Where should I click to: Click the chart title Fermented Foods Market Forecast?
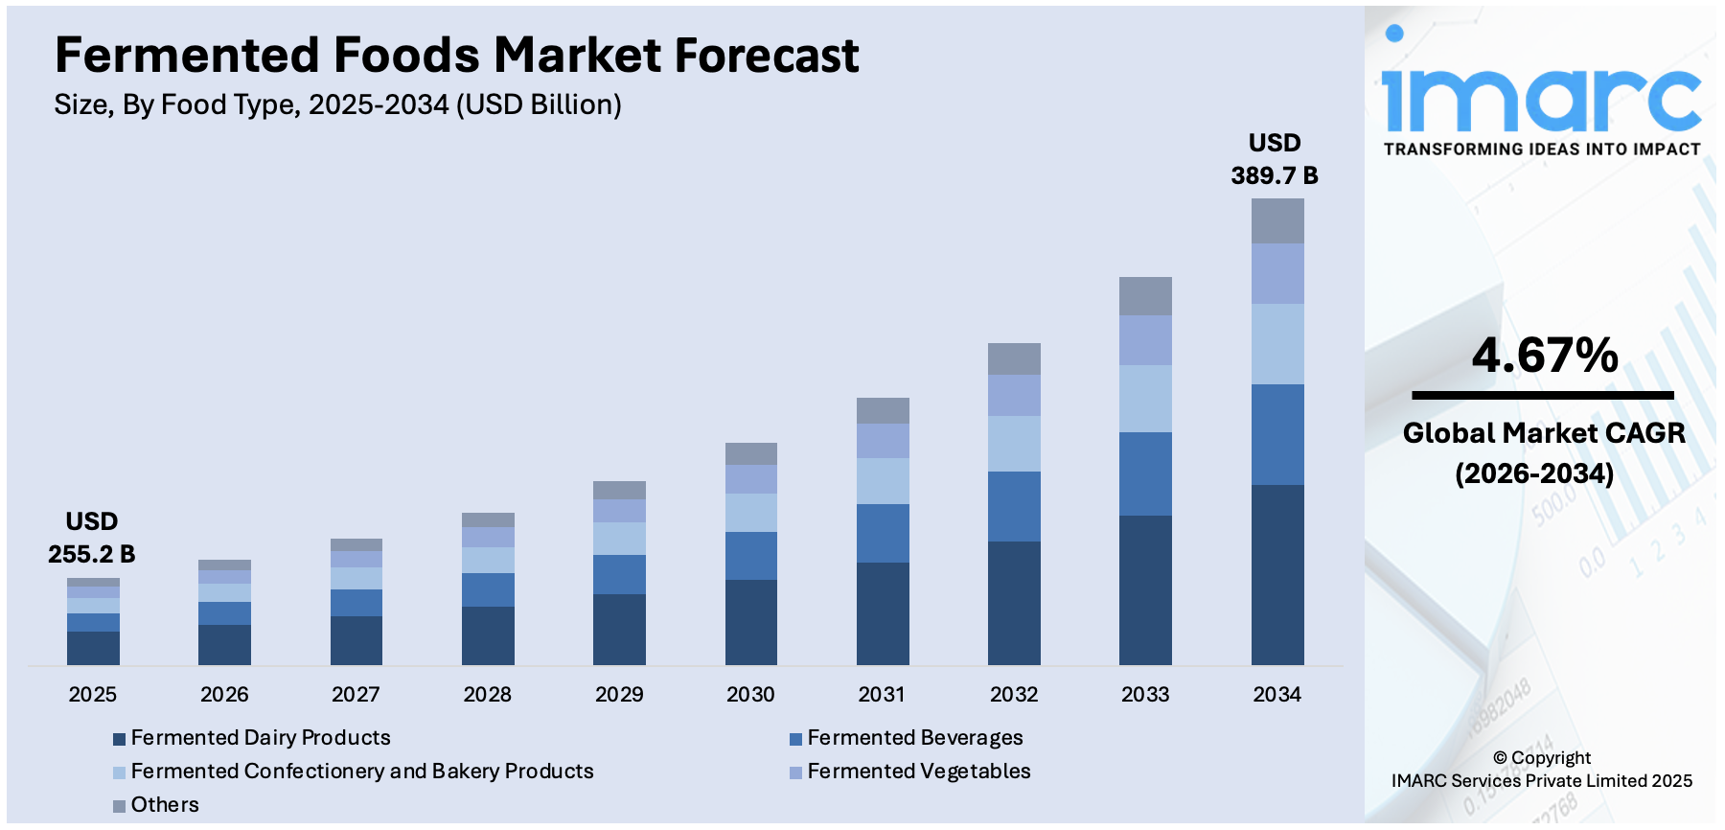(456, 56)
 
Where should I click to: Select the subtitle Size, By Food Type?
(337, 104)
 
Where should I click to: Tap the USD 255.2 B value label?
(92, 538)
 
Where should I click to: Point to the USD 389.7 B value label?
(1275, 159)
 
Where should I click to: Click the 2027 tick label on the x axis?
(356, 694)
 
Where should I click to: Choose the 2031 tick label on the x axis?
(882, 694)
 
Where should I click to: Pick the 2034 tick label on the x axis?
(1276, 694)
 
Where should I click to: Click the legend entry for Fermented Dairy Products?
(260, 738)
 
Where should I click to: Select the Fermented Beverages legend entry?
(914, 738)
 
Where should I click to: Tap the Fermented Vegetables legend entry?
(918, 772)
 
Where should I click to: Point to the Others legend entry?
(164, 805)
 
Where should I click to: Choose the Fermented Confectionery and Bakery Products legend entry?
(361, 772)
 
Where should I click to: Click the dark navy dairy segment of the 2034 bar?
(1277, 574)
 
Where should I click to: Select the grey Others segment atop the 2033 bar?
(1145, 296)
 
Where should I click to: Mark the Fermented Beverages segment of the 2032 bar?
(1014, 506)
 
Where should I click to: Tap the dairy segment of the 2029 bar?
(619, 629)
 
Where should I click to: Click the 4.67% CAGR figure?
(1545, 356)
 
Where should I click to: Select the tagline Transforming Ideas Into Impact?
(1541, 150)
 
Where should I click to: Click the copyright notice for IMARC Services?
(1541, 770)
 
